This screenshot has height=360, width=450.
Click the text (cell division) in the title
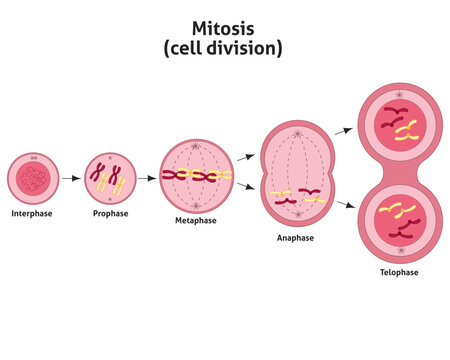click(x=224, y=47)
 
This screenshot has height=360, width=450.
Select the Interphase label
click(x=32, y=213)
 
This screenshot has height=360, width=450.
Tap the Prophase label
click(x=110, y=213)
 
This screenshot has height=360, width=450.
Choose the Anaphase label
click(x=297, y=238)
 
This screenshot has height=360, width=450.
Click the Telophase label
click(x=399, y=271)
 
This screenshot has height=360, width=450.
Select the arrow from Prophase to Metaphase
click(x=146, y=178)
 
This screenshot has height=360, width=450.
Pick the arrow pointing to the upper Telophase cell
click(x=341, y=130)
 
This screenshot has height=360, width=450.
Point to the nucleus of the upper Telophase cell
click(x=399, y=125)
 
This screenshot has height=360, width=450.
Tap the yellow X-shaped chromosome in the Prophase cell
click(x=117, y=182)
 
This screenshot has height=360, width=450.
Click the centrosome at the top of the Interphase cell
click(x=35, y=157)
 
